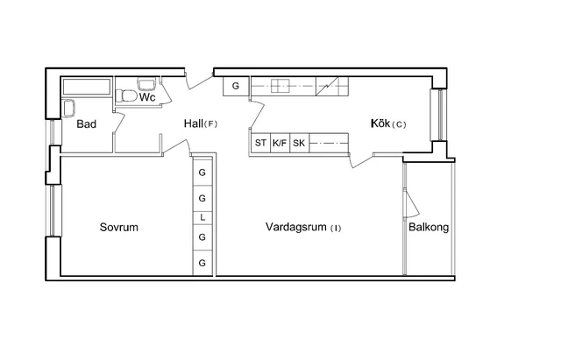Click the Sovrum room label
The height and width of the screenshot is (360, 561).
coord(119,228)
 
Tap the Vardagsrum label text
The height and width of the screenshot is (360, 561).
coord(296,227)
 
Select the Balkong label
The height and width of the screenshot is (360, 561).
coord(429,228)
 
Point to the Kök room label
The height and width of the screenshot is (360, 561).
coord(380,124)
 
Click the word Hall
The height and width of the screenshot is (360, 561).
coord(194,124)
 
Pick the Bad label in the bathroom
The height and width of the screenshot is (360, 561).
coord(86,124)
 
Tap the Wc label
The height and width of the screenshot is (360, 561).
coord(147,97)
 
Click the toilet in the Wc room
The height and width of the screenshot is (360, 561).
coord(126,96)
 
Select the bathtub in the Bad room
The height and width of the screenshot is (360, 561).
coord(87,87)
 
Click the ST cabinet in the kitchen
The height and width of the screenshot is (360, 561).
coord(260,143)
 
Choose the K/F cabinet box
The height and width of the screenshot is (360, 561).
coord(280,143)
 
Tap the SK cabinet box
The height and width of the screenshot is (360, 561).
coord(299,143)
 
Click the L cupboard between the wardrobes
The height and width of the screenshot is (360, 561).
coord(202,217)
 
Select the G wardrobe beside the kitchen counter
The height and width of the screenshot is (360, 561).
coord(236,86)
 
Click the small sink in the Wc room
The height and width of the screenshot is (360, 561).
coord(146,84)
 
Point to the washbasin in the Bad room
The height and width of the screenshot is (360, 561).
coord(68,108)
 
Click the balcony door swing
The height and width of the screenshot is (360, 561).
coord(411,204)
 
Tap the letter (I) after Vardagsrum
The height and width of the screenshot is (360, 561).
coord(336,228)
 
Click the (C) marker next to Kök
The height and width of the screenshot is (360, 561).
coord(399,124)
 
